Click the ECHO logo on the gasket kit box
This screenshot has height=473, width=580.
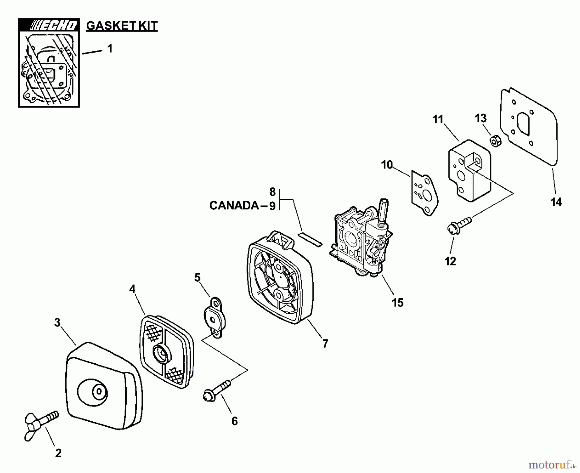49,25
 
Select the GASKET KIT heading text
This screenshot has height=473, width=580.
122,26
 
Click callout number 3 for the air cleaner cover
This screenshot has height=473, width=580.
57,322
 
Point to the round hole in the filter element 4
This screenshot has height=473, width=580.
162,354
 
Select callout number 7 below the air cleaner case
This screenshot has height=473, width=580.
325,344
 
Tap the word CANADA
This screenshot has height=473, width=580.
234,206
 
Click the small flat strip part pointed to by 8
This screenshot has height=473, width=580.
310,240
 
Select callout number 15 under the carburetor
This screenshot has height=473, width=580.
398,302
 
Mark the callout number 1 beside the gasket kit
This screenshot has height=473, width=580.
110,49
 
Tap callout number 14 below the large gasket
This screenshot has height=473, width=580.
556,202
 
